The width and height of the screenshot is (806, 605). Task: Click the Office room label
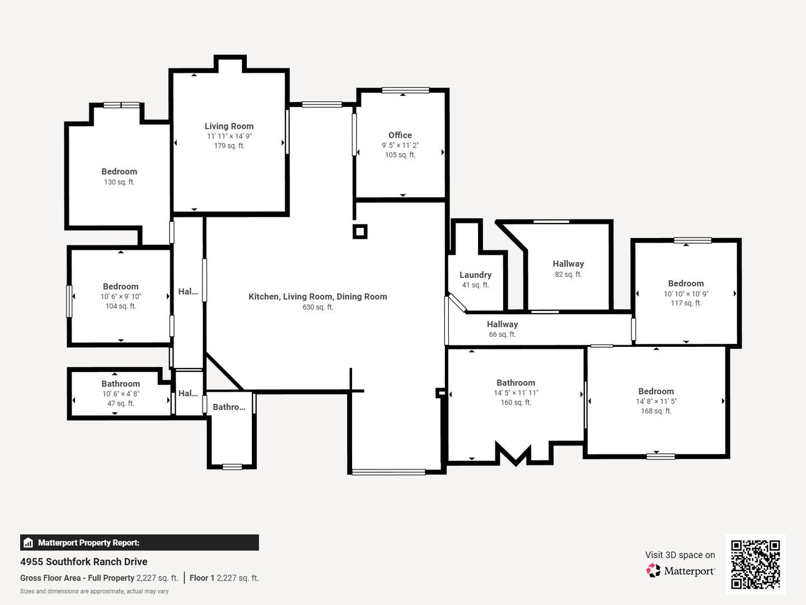[x=400, y=135]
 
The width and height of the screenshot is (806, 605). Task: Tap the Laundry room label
[x=475, y=274]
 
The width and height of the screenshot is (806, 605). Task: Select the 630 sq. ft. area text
[x=317, y=307]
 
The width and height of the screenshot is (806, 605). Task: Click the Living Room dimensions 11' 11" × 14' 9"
[x=229, y=136]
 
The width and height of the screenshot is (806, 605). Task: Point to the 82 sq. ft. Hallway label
[x=568, y=264]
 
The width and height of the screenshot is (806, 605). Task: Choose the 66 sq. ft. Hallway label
[x=502, y=324]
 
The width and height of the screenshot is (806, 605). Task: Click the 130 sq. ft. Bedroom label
[x=119, y=171]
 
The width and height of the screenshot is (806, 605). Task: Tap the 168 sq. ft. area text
[x=656, y=411]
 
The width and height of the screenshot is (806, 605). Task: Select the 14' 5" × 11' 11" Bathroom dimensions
[x=516, y=393]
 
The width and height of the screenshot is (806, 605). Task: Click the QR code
[x=755, y=564]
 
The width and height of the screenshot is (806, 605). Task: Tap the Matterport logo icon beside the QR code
[x=653, y=570]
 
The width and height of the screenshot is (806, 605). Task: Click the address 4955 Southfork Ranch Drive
[x=84, y=562]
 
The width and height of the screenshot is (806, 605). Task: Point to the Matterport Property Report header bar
[x=139, y=543]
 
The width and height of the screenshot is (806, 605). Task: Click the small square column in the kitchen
[x=360, y=231]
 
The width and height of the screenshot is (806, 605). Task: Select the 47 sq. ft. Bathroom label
[x=120, y=384]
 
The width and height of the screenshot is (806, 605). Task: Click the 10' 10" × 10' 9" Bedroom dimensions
[x=686, y=294]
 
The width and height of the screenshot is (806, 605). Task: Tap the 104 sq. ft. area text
[x=120, y=306]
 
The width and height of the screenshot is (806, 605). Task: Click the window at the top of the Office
[x=405, y=90]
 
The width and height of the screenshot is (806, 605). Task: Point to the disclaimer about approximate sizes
[x=95, y=592]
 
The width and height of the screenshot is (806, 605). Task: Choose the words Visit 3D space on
[x=680, y=555]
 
